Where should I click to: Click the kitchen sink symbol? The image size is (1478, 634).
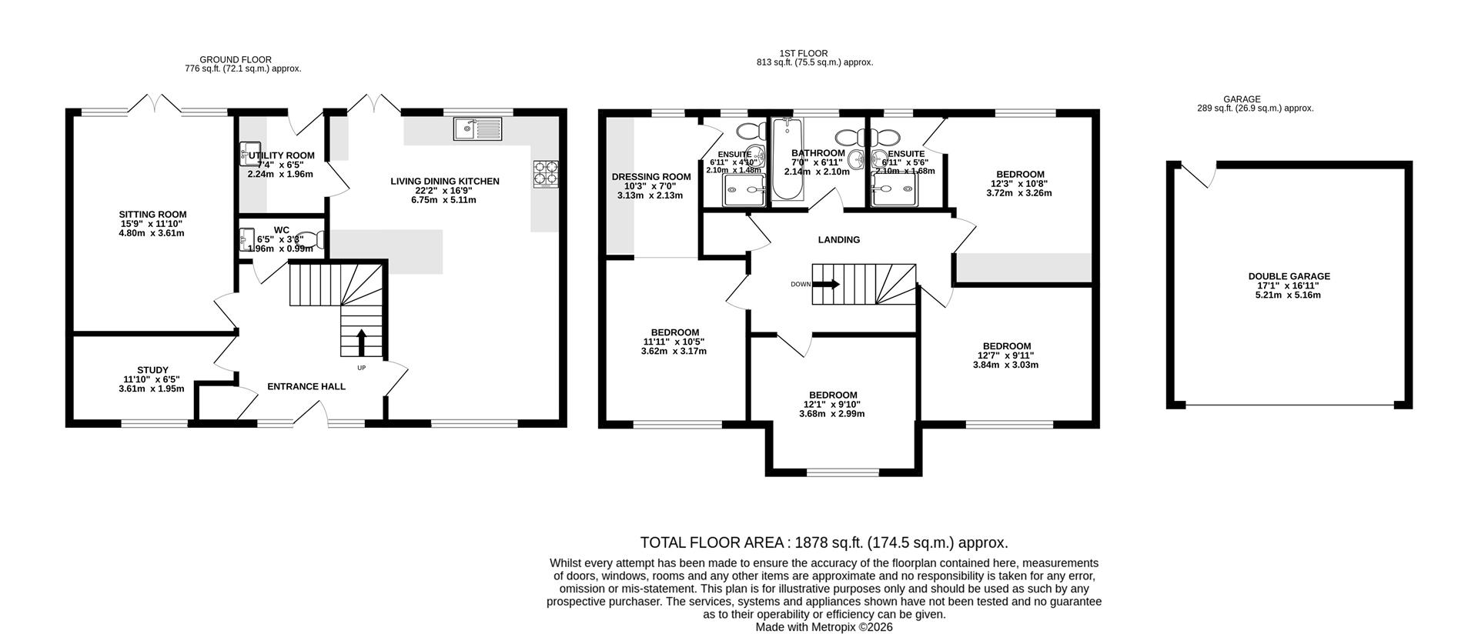click(x=477, y=128)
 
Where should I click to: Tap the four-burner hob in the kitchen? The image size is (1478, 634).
click(x=546, y=174)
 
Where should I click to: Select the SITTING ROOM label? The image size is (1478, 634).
click(x=152, y=215)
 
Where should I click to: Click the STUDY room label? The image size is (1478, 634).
click(x=152, y=370)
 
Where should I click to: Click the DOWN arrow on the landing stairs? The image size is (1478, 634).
click(x=827, y=284)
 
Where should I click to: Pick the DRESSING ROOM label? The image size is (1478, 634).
click(x=651, y=176)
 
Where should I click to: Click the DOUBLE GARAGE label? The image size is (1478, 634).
click(x=1289, y=276)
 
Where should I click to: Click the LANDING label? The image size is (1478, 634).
click(x=838, y=239)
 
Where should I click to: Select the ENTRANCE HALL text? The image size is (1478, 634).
click(x=306, y=386)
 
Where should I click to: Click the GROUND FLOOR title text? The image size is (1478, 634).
click(x=235, y=59)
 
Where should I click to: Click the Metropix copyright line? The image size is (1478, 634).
click(x=824, y=626)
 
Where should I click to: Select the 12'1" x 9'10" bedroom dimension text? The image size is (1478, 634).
click(x=831, y=405)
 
